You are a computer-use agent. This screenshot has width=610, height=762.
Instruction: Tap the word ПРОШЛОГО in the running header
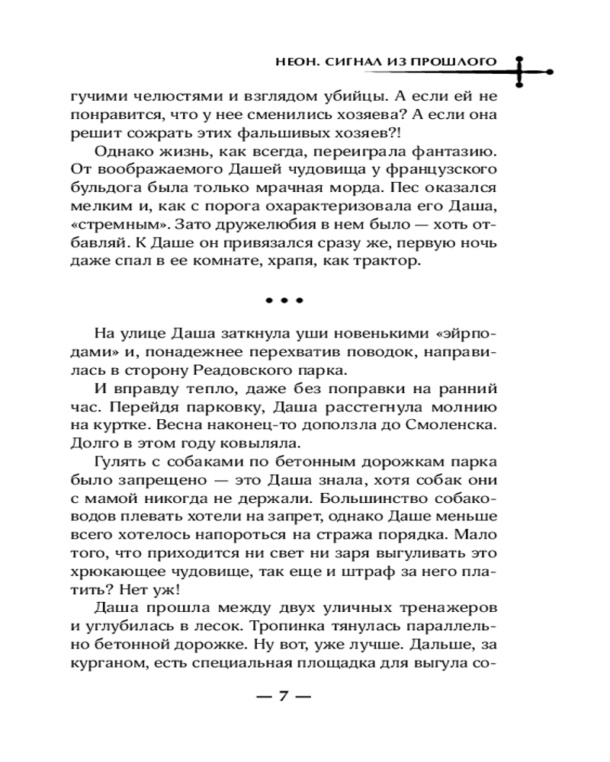click(x=456, y=60)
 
